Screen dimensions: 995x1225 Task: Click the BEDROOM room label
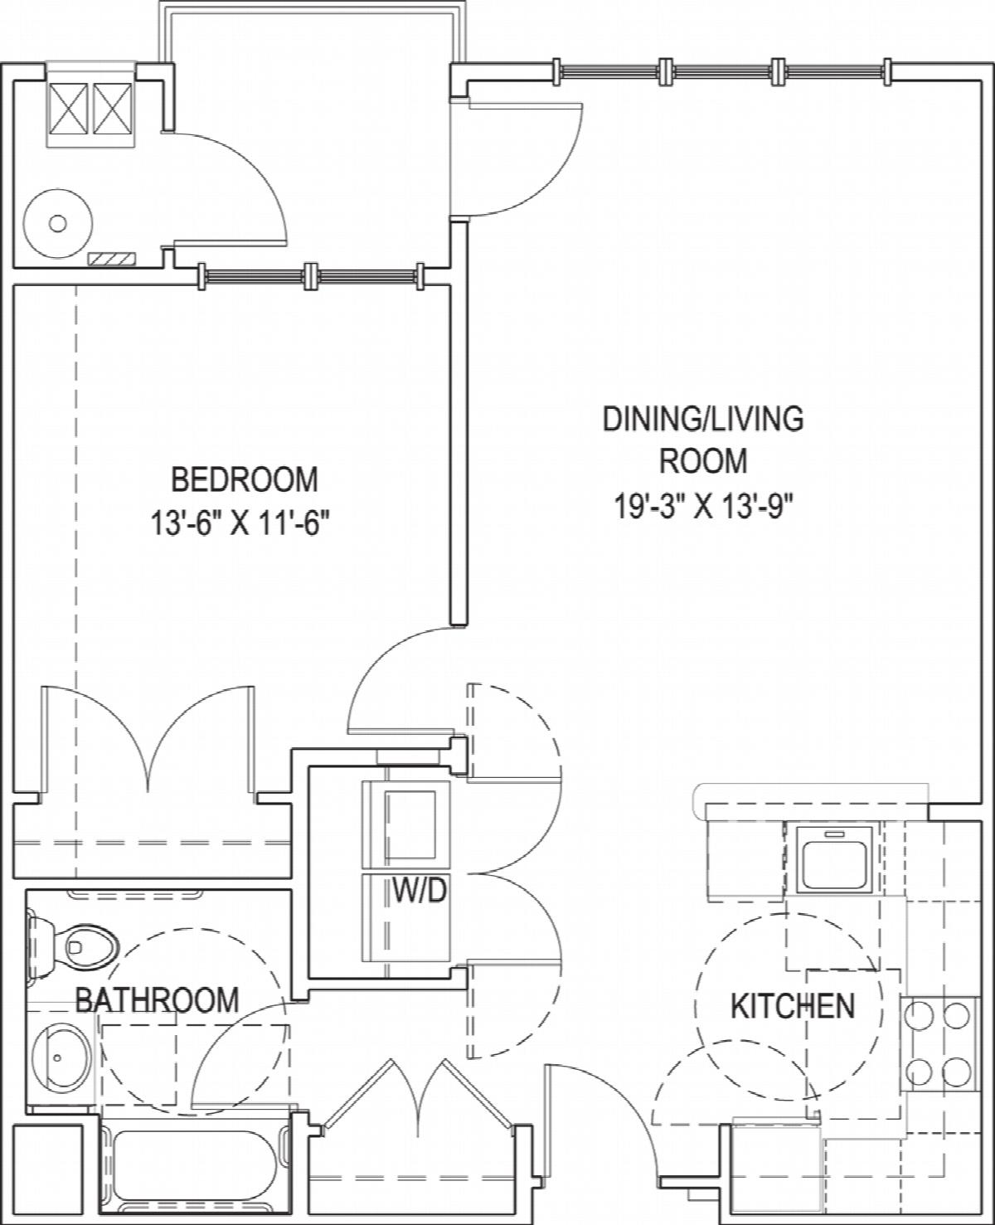pyautogui.click(x=245, y=479)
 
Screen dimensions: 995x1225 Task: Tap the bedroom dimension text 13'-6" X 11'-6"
pyautogui.click(x=242, y=524)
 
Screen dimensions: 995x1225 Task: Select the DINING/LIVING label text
pyautogui.click(x=702, y=420)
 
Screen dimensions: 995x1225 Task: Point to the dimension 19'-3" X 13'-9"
pyautogui.click(x=702, y=507)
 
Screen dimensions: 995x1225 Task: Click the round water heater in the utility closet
pyautogui.click(x=57, y=222)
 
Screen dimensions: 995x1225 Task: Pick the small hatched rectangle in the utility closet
pyautogui.click(x=111, y=259)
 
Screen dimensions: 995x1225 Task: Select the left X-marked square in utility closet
pyautogui.click(x=68, y=108)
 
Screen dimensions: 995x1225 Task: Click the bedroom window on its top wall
pyautogui.click(x=312, y=276)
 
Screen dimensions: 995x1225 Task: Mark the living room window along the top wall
pyautogui.click(x=722, y=72)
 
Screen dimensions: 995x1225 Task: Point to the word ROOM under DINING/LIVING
pyautogui.click(x=702, y=461)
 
